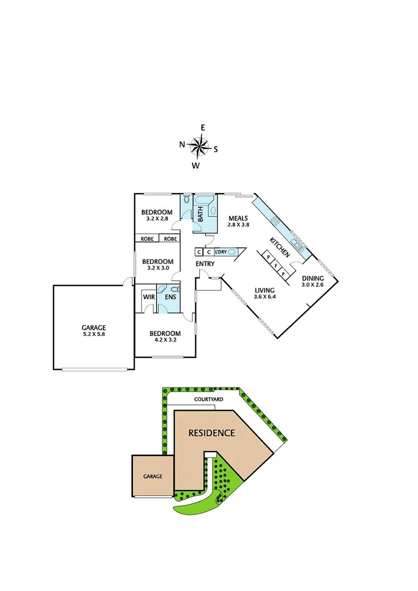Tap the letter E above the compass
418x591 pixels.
pyautogui.click(x=203, y=128)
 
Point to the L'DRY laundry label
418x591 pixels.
pyautogui.click(x=220, y=252)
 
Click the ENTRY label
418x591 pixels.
pyautogui.click(x=205, y=264)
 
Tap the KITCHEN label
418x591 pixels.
pyautogui.click(x=279, y=247)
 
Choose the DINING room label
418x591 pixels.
pyautogui.click(x=313, y=278)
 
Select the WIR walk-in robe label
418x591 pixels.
pyautogui.click(x=148, y=297)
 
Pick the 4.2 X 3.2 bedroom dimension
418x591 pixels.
pyautogui.click(x=165, y=340)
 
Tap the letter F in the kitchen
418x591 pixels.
pyautogui.click(x=276, y=266)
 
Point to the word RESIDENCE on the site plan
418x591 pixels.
pyautogui.click(x=212, y=433)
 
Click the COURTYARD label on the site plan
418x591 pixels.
pyautogui.click(x=208, y=400)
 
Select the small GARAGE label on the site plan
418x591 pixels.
pyautogui.click(x=153, y=476)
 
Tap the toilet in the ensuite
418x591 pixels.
pyautogui.click(x=174, y=288)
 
